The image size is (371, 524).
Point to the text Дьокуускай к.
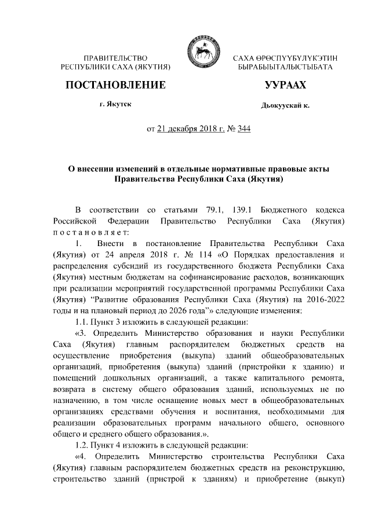click(285, 107)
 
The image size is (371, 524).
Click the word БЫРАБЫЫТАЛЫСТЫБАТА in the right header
click(285, 68)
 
